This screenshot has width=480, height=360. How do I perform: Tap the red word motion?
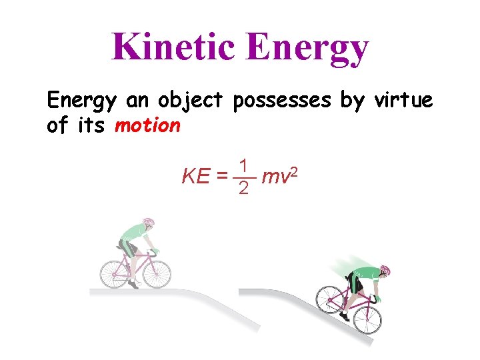pos(147,125)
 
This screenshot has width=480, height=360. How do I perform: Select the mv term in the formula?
pos(274,177)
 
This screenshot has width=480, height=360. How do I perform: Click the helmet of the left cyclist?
pos(148,222)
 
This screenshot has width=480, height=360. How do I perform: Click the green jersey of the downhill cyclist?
pos(363,273)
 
